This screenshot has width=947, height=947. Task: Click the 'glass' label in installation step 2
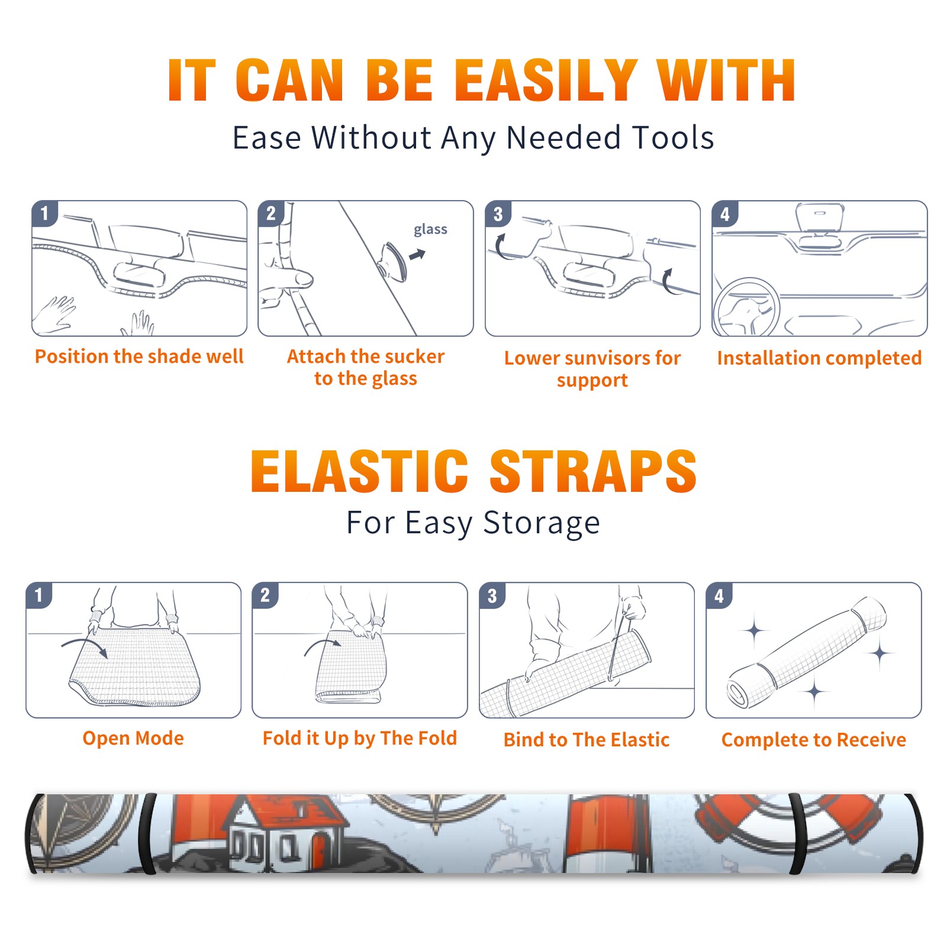coord(430,230)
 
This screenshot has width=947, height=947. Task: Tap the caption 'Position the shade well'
coord(139,356)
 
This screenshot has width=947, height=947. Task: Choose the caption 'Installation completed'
coord(819,357)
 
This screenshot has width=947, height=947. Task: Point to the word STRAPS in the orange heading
coord(593,471)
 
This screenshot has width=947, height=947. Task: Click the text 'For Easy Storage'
coord(474,523)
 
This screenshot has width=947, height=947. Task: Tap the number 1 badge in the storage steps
coord(39,595)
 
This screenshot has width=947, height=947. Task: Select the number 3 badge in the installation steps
coord(498,214)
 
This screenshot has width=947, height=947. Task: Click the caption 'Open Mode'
coord(133,738)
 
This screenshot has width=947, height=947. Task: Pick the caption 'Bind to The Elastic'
coord(587,740)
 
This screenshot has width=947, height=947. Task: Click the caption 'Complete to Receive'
coord(814,740)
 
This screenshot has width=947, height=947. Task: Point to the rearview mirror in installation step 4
coord(819,218)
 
